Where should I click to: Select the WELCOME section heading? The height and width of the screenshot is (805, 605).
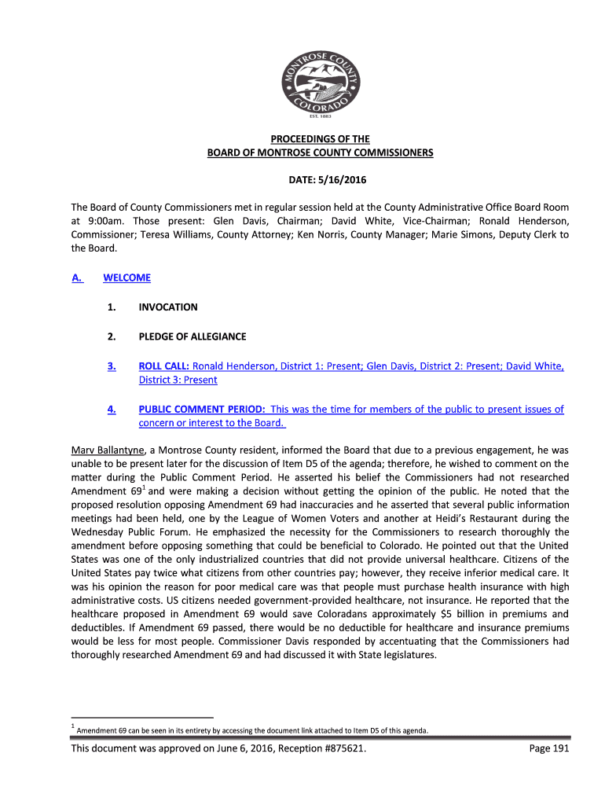click(126, 278)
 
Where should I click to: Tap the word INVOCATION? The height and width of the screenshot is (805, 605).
click(168, 307)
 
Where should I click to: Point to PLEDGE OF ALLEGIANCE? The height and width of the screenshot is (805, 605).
click(192, 336)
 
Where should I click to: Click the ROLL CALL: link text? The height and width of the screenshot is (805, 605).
click(164, 366)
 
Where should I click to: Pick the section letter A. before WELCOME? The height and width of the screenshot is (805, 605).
click(77, 278)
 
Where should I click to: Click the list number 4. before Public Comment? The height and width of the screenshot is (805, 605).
click(112, 409)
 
